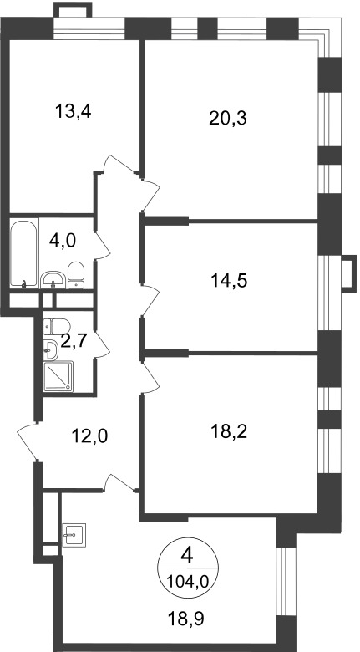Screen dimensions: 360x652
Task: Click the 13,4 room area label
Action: pos(73,111)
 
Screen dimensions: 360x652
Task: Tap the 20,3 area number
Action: pos(228,119)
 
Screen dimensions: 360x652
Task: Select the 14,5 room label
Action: pos(229,281)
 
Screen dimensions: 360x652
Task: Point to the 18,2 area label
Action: pos(229,432)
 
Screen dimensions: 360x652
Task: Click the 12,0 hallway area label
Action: pos(89,436)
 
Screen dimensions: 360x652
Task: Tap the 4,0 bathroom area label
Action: pos(63,242)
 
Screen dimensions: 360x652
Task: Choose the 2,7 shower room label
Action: pos(74,341)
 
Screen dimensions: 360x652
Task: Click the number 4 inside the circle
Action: pos(188,556)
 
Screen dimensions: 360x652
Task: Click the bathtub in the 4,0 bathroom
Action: pos(24,252)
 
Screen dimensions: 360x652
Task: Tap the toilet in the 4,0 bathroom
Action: pos(76,275)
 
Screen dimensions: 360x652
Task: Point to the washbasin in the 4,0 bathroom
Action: pos(53,279)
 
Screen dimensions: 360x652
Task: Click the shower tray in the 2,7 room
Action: pos(58,376)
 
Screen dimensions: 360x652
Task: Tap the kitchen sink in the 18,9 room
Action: pos(74,535)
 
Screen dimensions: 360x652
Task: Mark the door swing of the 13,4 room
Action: pos(120,163)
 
